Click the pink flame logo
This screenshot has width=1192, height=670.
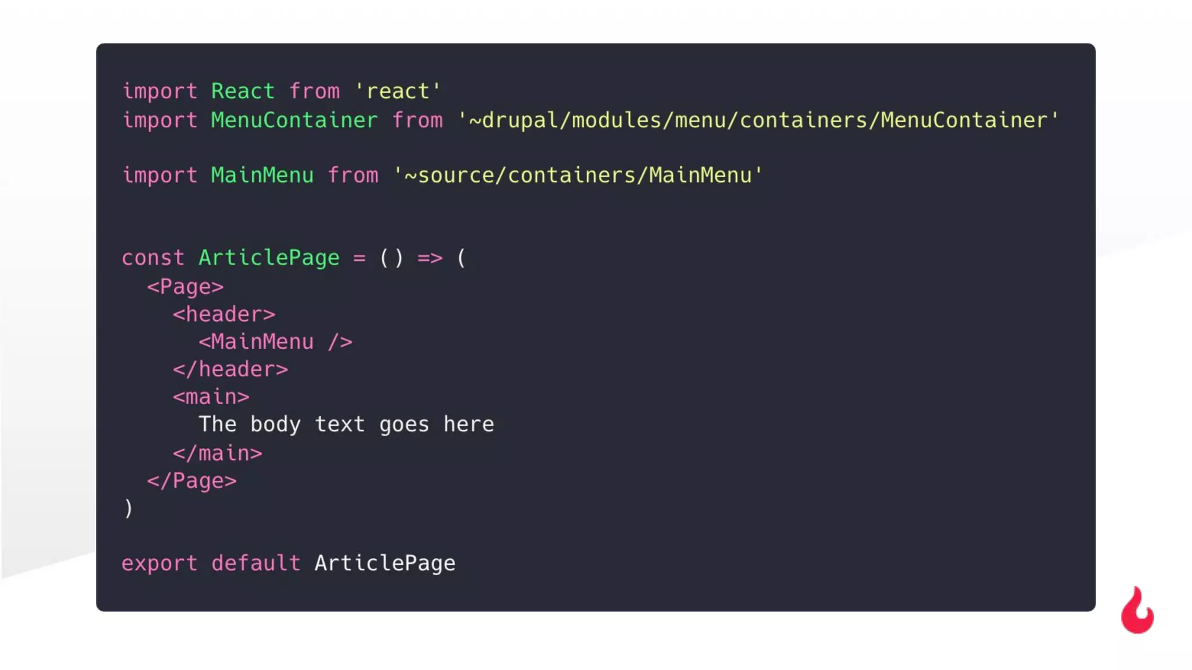(1137, 612)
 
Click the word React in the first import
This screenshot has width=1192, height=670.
(242, 91)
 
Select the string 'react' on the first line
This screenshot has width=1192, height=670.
(398, 91)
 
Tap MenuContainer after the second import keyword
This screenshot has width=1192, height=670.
(294, 120)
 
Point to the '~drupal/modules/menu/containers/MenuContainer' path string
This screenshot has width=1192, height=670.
(758, 120)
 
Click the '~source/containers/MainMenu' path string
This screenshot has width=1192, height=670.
(577, 175)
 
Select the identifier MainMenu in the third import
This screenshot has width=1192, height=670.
(262, 175)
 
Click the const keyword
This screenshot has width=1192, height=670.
(152, 258)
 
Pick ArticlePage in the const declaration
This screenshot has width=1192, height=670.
(268, 258)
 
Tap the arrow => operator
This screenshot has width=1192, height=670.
(430, 258)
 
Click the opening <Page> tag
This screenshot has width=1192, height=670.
(185, 287)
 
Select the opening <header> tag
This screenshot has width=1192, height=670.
(223, 315)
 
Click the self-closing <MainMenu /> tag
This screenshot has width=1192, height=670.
(275, 342)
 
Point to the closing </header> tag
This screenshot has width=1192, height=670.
(230, 369)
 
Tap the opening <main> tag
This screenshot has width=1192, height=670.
(211, 397)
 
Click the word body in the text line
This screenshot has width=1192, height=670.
(275, 425)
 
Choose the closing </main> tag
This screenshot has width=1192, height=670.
(217, 453)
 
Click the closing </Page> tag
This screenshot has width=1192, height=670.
(191, 481)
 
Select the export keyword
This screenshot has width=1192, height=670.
(159, 563)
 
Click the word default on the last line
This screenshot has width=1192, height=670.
(256, 563)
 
